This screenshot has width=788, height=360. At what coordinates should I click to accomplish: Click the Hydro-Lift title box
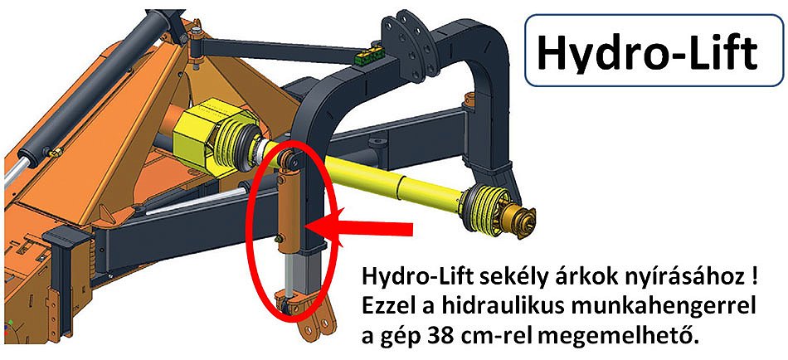[654, 51]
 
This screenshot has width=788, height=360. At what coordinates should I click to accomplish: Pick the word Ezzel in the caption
[388, 306]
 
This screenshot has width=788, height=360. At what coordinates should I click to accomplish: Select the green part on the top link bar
[370, 56]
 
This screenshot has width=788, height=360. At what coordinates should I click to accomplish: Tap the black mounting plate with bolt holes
[408, 49]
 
